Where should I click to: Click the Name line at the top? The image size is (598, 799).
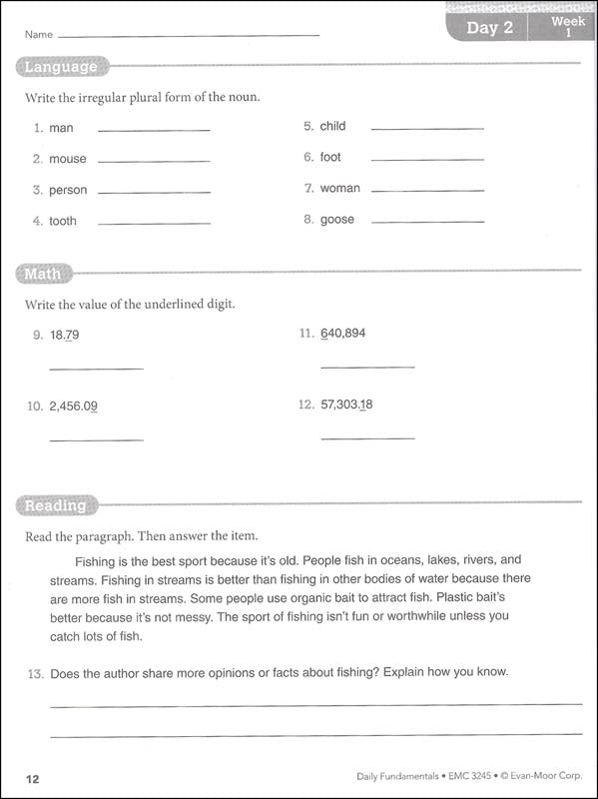click(x=190, y=35)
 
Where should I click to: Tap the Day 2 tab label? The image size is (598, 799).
click(x=490, y=28)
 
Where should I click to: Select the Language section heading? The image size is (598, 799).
click(x=61, y=68)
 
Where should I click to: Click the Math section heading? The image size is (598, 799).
click(x=43, y=274)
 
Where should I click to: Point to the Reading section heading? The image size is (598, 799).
click(x=56, y=505)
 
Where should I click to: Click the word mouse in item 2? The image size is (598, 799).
click(x=68, y=159)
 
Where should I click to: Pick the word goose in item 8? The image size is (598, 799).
click(x=337, y=220)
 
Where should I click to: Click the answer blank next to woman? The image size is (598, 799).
click(x=426, y=191)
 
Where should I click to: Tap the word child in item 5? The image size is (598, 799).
click(x=332, y=126)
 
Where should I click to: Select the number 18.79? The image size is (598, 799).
click(x=64, y=335)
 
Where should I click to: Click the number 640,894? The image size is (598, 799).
click(x=343, y=333)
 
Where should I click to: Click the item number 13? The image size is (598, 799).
click(x=34, y=672)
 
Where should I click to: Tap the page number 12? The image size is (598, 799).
click(x=32, y=776)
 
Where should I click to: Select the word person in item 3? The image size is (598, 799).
click(x=68, y=190)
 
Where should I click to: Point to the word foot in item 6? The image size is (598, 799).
click(x=330, y=157)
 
